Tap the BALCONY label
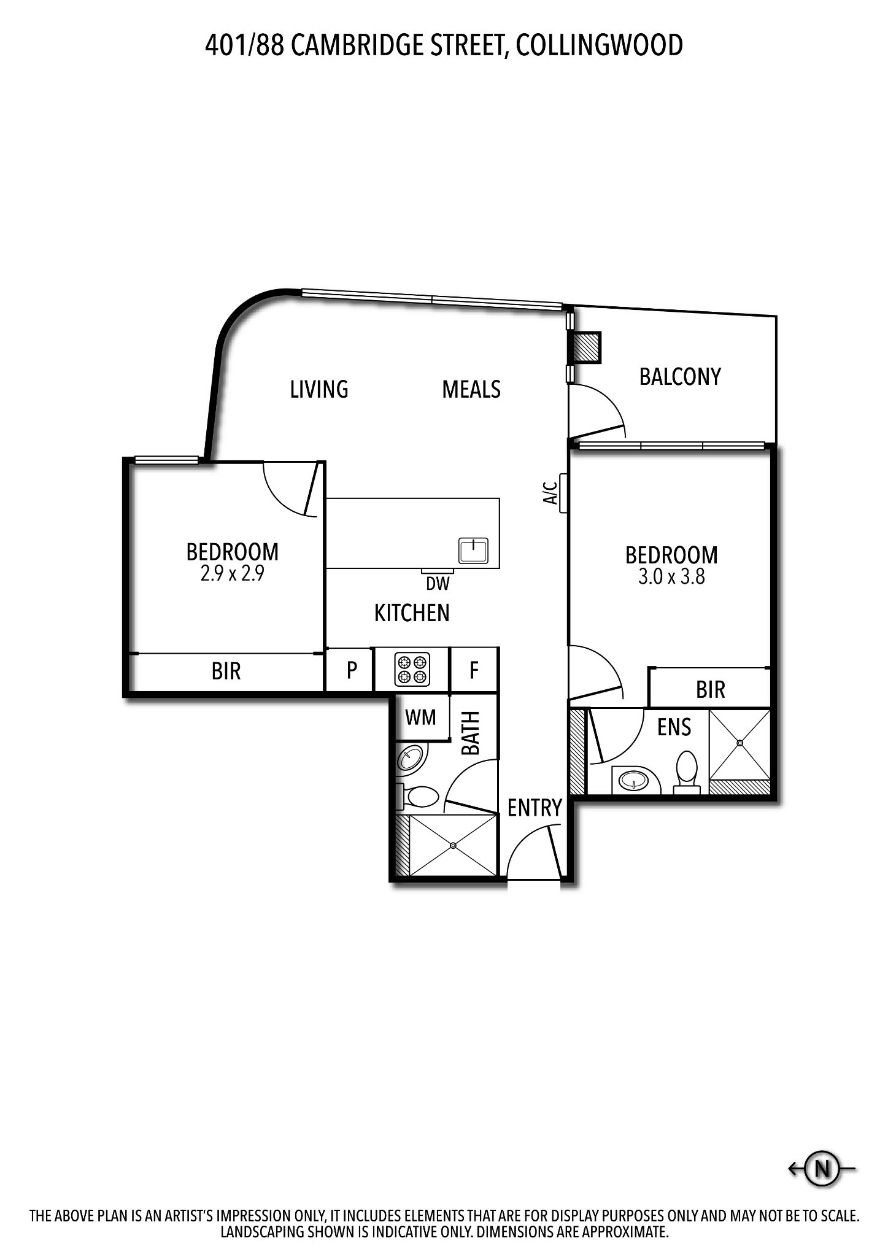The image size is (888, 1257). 680,376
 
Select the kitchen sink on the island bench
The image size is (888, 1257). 473,550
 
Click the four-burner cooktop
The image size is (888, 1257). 412,670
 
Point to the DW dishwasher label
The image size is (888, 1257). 438,583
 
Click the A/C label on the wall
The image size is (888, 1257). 550,492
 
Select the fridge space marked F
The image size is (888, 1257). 474,670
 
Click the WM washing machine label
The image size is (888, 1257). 421,716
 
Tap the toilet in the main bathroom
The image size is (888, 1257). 417,797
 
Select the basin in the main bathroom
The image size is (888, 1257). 409,759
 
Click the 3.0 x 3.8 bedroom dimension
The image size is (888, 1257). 671,577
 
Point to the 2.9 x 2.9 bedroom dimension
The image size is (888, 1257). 232,574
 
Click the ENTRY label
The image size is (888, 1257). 535,808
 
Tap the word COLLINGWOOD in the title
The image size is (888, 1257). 600,45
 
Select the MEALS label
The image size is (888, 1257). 471,389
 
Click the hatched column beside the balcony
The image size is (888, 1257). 585,347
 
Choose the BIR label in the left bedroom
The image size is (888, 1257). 226,671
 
